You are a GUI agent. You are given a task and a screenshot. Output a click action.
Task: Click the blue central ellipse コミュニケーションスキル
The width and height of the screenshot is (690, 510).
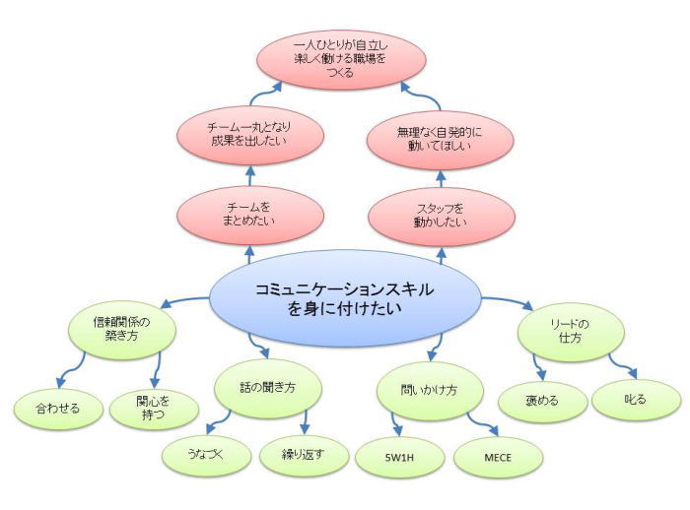click(345, 298)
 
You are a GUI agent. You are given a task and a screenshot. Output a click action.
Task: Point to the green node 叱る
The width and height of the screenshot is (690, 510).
click(636, 401)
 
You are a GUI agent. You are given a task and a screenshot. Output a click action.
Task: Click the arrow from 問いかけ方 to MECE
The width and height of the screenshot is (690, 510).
click(482, 422)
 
